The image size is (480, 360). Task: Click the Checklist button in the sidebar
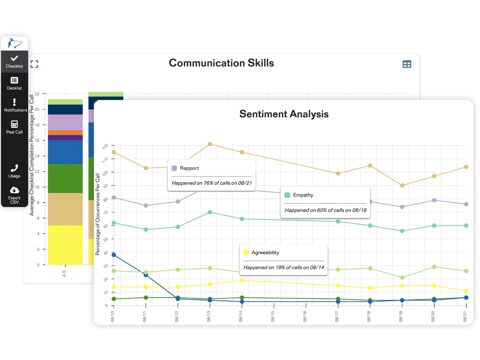pos(14,61)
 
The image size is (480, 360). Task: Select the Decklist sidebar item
pos(14,83)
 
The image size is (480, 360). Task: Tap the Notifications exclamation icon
pos(14,102)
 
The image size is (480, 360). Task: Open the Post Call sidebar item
pos(14,127)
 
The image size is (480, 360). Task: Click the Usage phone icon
pos(14,168)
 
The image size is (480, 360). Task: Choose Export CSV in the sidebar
pos(14,195)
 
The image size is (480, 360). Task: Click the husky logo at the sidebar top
pos(14,43)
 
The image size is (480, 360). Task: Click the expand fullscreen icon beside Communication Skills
pos(34,64)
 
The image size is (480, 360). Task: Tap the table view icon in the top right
pos(407,64)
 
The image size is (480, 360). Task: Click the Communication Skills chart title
pos(221,63)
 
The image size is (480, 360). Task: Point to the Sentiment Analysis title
pos(284,114)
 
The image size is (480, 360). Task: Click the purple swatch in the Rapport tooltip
pos(174,168)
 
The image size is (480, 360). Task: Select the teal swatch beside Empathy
pos(287,195)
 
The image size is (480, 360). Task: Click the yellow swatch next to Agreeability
pos(246,253)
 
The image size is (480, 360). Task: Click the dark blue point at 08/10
pos(114,255)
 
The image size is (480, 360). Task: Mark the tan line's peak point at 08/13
pos(210,144)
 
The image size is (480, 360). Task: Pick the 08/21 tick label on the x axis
pos(465,317)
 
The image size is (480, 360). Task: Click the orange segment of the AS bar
pos(65,133)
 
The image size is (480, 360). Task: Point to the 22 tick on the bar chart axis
pos(37,94)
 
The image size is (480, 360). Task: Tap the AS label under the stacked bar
pos(64,273)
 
